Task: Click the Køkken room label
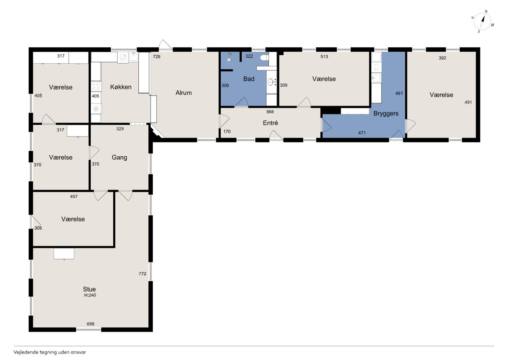coord(120,87)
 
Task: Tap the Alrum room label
coord(184,93)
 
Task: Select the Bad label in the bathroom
coord(249,79)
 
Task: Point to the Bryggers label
coord(386,114)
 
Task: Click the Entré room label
coord(270,123)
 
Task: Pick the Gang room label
coord(119,158)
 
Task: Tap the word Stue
coord(89,289)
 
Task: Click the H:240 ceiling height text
coord(90,295)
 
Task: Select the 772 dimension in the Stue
coord(142,274)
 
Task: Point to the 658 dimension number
coord(90,324)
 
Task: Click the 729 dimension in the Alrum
coord(157,56)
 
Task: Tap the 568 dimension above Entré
coord(270,112)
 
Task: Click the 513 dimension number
coord(324,56)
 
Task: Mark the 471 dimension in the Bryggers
coord(362,133)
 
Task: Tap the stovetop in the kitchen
coord(96,86)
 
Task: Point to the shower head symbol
coord(229,57)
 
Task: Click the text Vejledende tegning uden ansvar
coord(50,352)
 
